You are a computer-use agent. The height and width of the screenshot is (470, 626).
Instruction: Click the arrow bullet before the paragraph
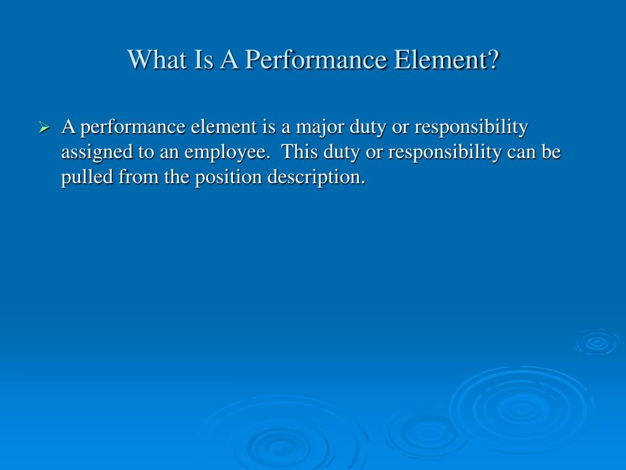[43, 129]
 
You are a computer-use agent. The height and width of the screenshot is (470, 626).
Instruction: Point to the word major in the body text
[320, 127]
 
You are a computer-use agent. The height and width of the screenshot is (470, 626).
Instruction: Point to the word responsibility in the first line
[471, 127]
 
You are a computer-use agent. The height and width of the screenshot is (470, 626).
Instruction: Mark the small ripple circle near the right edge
[596, 343]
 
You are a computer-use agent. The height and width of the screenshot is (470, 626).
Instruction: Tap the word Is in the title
[196, 60]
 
